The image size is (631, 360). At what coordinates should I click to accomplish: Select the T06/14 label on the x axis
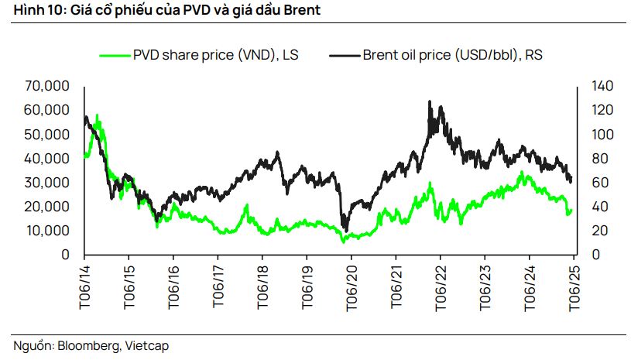[x=84, y=286]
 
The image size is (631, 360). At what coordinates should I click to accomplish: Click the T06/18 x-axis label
[x=262, y=286]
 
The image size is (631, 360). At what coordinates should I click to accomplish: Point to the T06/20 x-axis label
[x=352, y=286]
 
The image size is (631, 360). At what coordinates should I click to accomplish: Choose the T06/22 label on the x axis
[x=441, y=286]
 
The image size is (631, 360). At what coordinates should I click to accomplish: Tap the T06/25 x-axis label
[x=574, y=286]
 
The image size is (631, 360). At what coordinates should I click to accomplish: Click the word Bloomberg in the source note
[x=87, y=346]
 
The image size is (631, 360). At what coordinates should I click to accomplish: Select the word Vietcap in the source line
[x=146, y=346]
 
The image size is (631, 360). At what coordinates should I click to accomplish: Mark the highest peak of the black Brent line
[x=430, y=101]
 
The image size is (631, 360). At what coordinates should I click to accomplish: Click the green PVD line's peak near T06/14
[x=97, y=116]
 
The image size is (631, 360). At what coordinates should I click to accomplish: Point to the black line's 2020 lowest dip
[x=345, y=230]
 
